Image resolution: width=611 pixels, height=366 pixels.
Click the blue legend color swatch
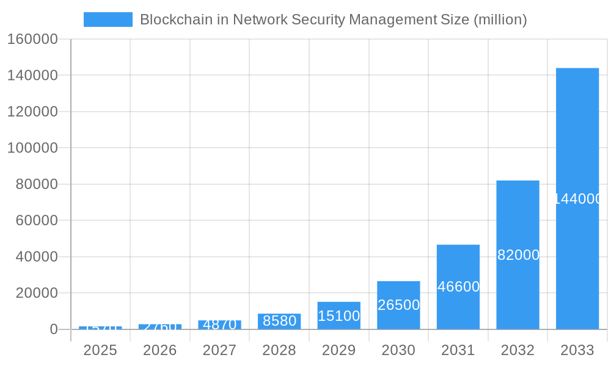click(x=108, y=20)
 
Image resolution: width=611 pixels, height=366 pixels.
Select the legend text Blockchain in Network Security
click(x=333, y=20)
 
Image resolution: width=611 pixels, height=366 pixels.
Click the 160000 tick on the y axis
click(x=32, y=40)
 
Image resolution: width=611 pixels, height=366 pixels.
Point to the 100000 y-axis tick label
click(x=32, y=148)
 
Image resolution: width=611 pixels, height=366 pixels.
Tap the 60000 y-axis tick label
click(x=36, y=220)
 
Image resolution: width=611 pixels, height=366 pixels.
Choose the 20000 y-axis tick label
click(x=36, y=293)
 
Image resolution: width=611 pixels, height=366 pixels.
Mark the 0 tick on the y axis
click(x=54, y=329)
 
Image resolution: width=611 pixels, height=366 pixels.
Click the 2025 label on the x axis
click(x=100, y=350)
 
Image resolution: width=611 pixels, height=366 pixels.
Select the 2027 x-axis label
click(x=219, y=350)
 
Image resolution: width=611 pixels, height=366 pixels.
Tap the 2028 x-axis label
click(x=279, y=350)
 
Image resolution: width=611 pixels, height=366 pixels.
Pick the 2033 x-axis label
click(x=577, y=350)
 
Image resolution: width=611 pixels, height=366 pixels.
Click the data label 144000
click(x=578, y=199)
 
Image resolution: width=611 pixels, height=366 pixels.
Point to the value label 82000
click(x=518, y=255)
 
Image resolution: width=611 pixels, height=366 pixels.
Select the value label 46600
click(x=458, y=287)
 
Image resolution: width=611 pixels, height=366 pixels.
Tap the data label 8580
click(x=279, y=321)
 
